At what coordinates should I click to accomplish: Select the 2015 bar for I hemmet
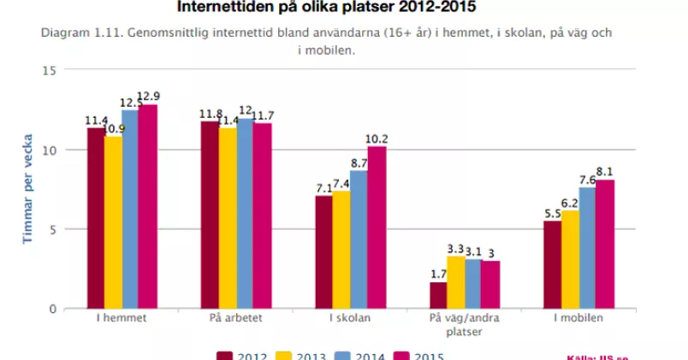(x=148, y=206)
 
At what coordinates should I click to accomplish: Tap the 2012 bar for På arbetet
(x=209, y=215)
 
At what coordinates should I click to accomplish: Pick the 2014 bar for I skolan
(x=359, y=239)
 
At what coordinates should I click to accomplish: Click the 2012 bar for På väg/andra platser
(x=438, y=295)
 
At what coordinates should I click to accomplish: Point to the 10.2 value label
(x=377, y=139)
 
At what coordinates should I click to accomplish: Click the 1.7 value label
(x=437, y=274)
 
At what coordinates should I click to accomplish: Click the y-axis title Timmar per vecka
(x=27, y=189)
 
